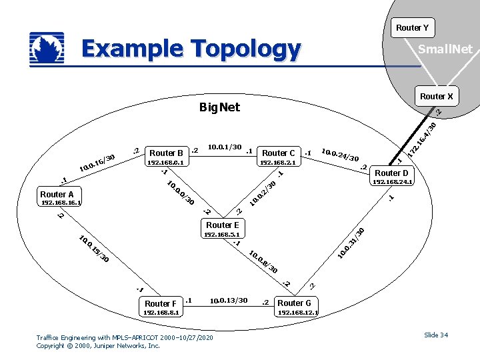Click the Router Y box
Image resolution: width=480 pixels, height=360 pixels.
pos(412,27)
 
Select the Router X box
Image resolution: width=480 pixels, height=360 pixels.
pos(436,96)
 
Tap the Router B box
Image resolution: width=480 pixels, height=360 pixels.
pos(166,153)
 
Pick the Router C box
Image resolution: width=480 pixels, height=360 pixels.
pos(279,153)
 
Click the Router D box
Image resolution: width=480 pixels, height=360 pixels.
pos(392,173)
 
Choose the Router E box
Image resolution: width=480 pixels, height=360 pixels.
pos(222,225)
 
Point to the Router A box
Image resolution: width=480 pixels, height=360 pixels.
pos(57,194)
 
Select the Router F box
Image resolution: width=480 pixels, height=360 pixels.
pos(161,303)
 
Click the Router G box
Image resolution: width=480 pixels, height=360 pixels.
pos(294,303)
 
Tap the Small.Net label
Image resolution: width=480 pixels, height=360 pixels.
pos(445,49)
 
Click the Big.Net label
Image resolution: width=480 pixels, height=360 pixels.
pos(219,107)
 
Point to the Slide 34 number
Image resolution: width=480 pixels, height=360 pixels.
pos(435,335)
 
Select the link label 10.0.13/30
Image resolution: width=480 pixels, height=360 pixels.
pos(229,301)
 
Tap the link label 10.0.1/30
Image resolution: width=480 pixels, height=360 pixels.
pos(225,147)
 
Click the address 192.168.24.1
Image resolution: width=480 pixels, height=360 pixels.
pos(393,181)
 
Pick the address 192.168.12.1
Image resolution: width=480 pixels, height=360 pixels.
pos(298,312)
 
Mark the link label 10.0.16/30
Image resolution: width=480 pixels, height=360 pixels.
pos(97,162)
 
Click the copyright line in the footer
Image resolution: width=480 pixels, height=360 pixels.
pos(98,346)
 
